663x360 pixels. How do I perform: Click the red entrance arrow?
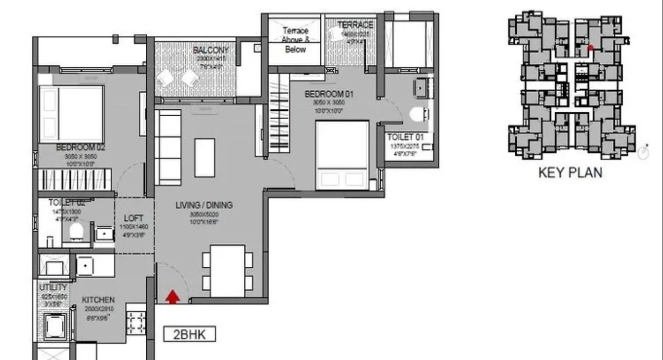pos(172,297)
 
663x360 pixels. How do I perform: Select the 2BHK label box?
pos(189,335)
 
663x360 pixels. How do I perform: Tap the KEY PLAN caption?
pos(570,172)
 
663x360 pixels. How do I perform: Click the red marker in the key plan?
pos(591,48)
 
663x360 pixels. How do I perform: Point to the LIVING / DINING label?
pos(204,205)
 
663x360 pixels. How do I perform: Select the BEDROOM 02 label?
pos(81,147)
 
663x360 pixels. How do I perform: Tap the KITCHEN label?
pos(98,300)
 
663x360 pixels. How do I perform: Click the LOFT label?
pos(133,218)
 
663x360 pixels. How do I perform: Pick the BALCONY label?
pos(211,50)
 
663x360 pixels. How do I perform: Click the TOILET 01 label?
pos(405,137)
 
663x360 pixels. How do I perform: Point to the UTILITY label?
pos(53,287)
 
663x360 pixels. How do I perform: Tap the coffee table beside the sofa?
pos(204,158)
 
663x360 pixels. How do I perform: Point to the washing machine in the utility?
pos(52,325)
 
